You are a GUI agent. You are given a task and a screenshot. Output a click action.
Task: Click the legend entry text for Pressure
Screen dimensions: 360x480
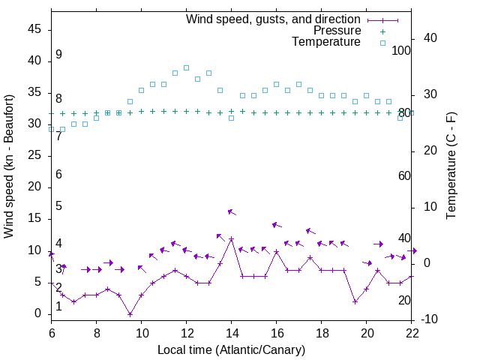pos(337,31)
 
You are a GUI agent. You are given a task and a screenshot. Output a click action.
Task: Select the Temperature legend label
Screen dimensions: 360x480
pos(326,42)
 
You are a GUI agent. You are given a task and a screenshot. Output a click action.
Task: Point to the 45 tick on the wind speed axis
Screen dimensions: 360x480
pos(35,29)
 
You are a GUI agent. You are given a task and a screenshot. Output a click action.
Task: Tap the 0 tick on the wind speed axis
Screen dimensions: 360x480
pos(38,313)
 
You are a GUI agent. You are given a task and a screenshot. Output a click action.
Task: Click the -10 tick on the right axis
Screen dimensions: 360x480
pos(427,319)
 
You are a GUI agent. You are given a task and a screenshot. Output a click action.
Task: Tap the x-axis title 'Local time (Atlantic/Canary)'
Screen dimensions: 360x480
pos(231,349)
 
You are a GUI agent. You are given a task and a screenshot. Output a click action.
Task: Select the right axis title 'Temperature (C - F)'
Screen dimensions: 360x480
pos(451,166)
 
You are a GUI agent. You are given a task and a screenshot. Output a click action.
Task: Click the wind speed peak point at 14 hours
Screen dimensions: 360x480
pos(231,238)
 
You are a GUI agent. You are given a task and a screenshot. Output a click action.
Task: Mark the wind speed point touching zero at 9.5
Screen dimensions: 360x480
pos(130,314)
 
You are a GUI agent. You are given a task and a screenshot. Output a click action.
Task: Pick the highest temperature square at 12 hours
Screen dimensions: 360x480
pos(186,67)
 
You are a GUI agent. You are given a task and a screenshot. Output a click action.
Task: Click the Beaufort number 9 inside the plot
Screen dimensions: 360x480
pos(58,55)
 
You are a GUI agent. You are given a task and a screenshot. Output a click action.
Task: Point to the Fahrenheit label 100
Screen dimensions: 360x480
pos(402,50)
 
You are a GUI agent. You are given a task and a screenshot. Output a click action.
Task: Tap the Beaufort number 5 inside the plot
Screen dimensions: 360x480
pos(58,206)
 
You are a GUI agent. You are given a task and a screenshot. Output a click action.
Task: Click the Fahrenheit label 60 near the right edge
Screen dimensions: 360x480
pos(404,175)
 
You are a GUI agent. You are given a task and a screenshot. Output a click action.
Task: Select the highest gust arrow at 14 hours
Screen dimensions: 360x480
pos(232,213)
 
